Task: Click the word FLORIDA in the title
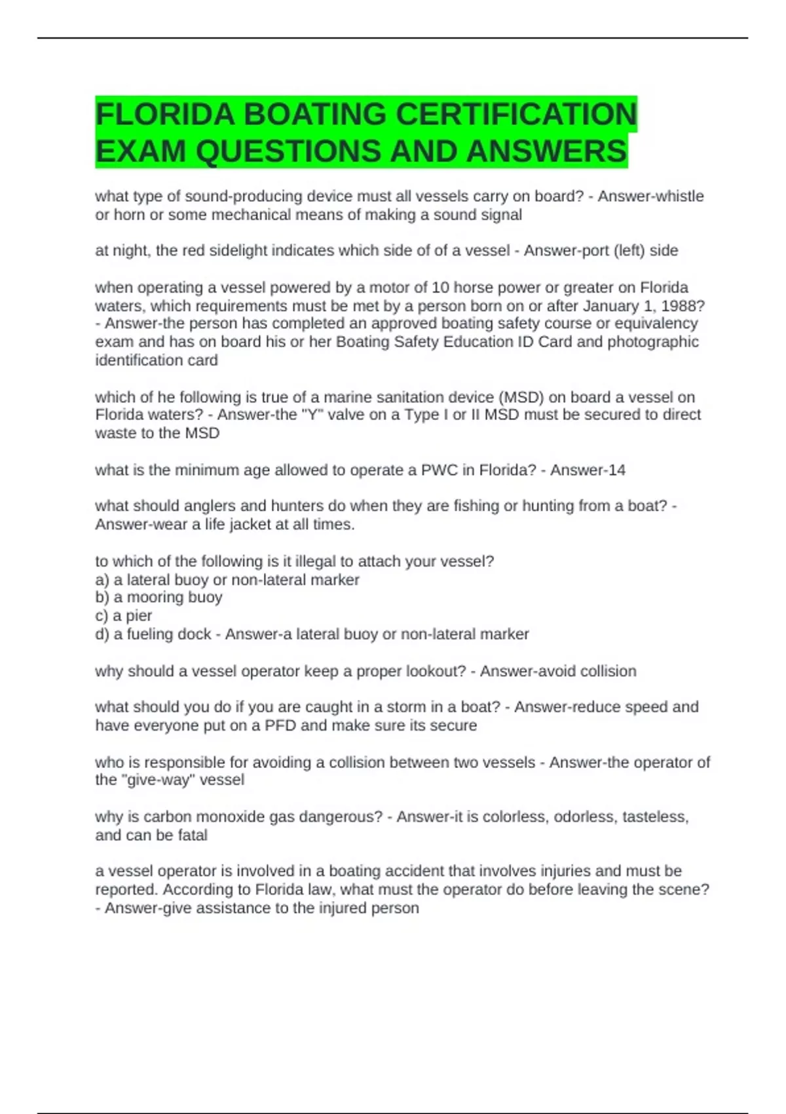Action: click(x=165, y=114)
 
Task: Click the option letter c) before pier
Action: click(x=102, y=616)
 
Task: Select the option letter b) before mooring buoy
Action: click(x=102, y=598)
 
